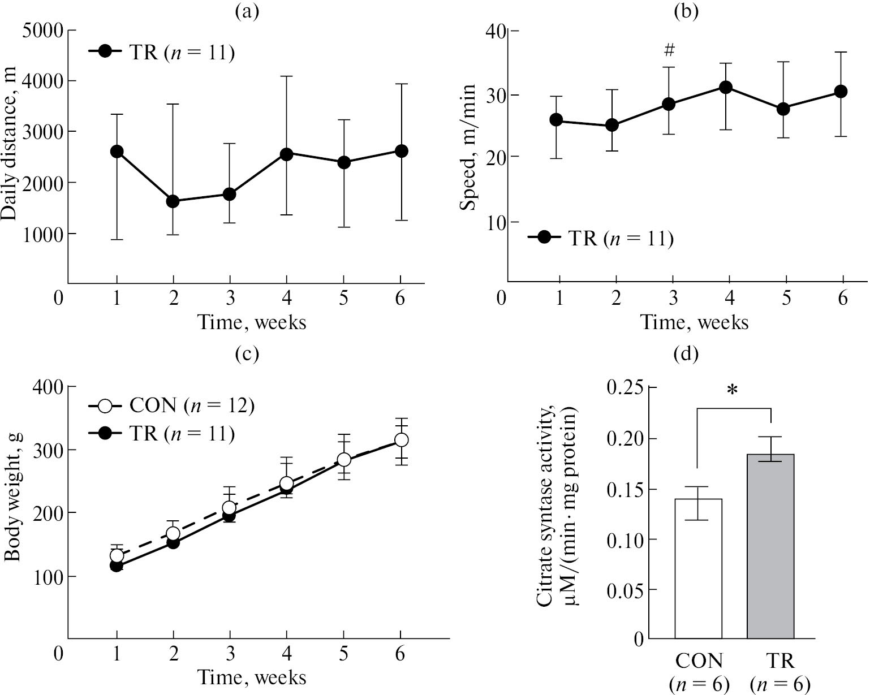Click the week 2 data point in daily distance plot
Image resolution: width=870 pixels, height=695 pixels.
click(x=173, y=201)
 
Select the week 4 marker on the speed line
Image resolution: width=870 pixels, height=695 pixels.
click(x=726, y=87)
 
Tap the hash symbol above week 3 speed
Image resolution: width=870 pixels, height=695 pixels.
click(x=670, y=51)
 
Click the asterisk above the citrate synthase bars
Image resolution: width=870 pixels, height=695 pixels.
click(x=733, y=391)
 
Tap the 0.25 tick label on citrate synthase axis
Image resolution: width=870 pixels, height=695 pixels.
click(x=624, y=388)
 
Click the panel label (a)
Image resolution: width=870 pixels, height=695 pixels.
click(x=247, y=11)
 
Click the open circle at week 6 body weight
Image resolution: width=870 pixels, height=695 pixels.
click(x=401, y=440)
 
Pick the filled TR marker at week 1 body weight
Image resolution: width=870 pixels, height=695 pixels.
click(x=117, y=566)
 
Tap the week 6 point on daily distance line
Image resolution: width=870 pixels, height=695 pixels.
click(x=401, y=151)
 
